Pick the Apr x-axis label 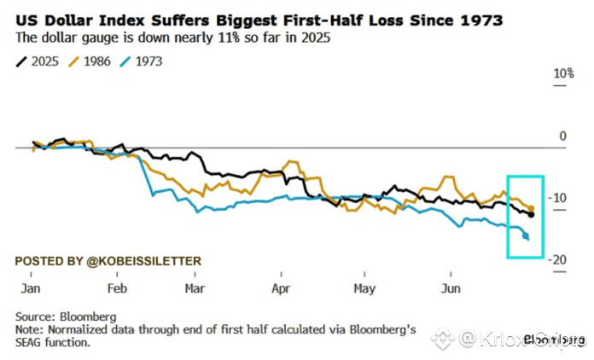pos(281,288)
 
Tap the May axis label pos(364,288)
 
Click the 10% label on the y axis pos(564,74)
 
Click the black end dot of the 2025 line pos(532,214)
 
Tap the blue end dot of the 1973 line pos(526,236)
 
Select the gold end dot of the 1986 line pos(532,208)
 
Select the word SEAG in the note pos(32,342)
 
